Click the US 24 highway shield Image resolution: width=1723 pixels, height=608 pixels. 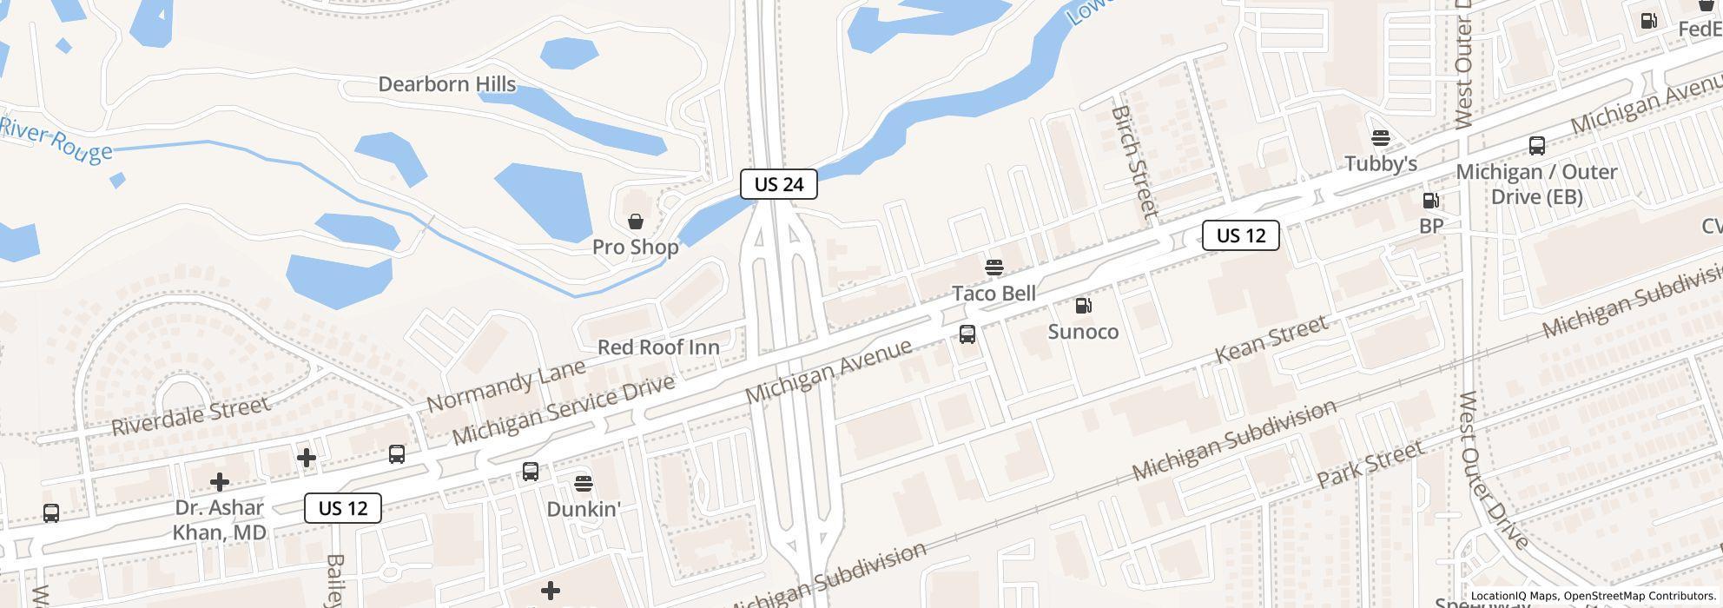click(x=778, y=184)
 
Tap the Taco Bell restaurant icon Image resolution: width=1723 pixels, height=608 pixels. click(x=994, y=267)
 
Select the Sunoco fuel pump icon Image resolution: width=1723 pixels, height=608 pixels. click(x=1083, y=306)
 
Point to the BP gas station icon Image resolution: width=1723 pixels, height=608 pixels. click(x=1430, y=201)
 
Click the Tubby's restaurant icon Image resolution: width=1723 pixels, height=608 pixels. click(x=1380, y=138)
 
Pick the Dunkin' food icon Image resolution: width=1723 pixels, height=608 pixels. click(x=584, y=483)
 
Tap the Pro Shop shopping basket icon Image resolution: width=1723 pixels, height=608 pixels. click(x=636, y=221)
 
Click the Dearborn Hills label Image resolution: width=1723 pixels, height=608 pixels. click(x=447, y=84)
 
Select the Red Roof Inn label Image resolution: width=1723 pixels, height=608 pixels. click(x=658, y=347)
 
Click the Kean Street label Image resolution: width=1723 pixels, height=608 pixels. click(x=1271, y=340)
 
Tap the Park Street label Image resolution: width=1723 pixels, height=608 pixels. click(x=1370, y=464)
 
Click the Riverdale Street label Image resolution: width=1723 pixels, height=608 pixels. click(x=191, y=415)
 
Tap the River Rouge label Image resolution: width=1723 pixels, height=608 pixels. click(x=56, y=140)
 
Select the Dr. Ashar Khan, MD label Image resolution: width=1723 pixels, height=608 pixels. click(x=219, y=519)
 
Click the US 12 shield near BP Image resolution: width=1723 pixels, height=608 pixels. click(x=1240, y=235)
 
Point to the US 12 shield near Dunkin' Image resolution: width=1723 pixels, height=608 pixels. click(x=343, y=508)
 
